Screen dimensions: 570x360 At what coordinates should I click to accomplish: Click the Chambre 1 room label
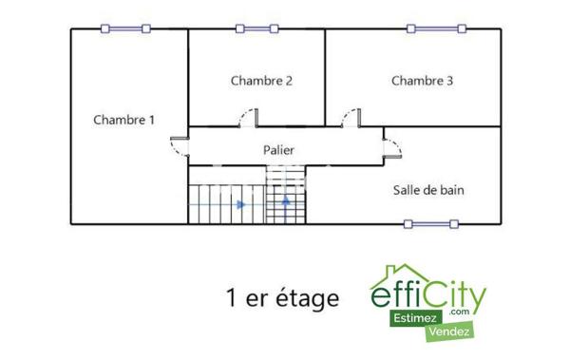(x=124, y=120)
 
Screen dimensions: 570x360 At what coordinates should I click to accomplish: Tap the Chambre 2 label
(x=261, y=81)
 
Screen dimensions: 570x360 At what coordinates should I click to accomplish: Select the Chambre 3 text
(x=422, y=81)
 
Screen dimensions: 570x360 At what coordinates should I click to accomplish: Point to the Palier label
(x=278, y=150)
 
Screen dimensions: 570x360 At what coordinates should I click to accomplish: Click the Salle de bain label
(x=428, y=190)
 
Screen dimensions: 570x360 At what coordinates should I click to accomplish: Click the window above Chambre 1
(x=126, y=28)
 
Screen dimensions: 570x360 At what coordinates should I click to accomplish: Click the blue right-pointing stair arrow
(x=241, y=203)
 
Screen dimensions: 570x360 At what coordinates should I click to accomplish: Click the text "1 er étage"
(x=282, y=298)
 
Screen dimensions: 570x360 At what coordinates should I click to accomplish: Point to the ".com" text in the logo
(x=462, y=311)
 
